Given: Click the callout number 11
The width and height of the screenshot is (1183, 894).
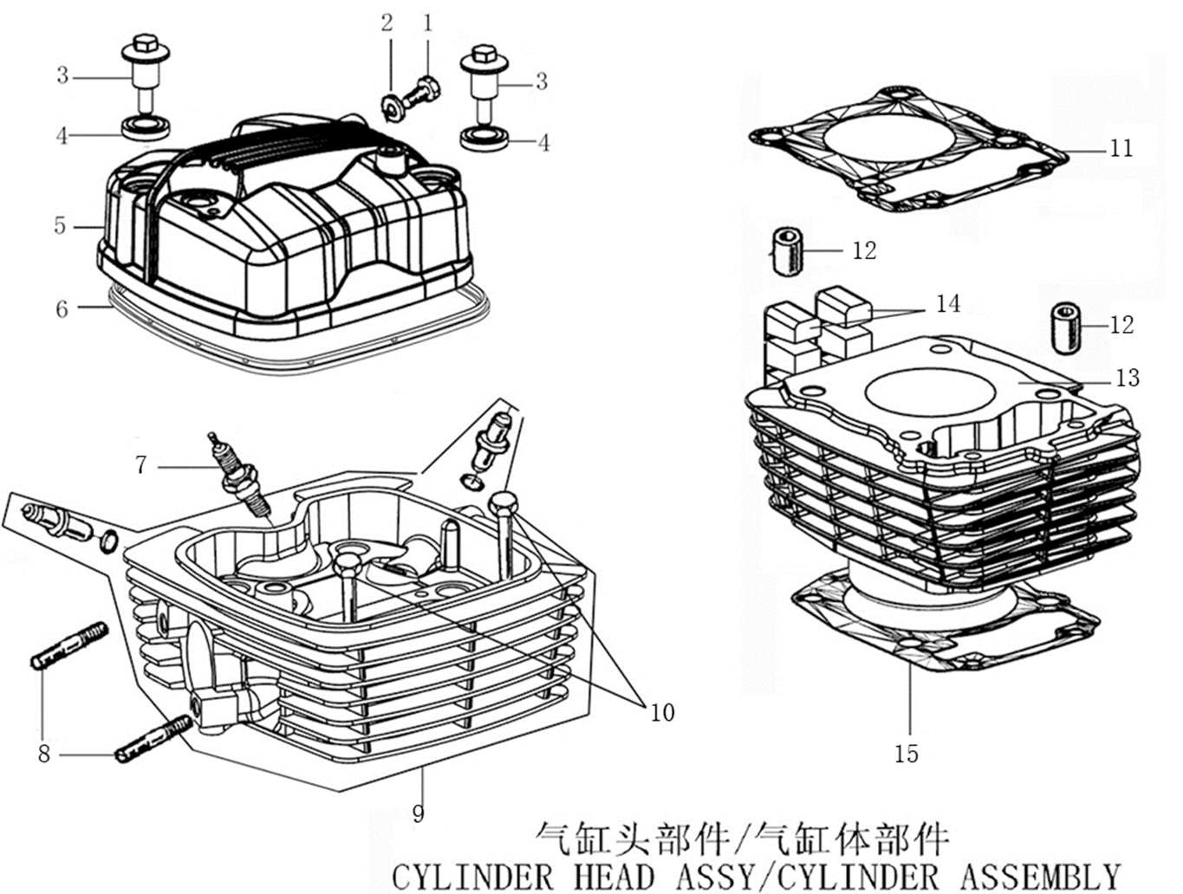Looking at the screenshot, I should click(x=1121, y=148).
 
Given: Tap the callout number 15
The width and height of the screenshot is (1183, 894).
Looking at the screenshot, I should click(x=906, y=754).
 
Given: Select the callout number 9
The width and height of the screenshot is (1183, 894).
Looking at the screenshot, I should click(x=419, y=813).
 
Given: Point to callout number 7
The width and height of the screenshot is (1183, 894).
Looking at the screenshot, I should click(x=141, y=465).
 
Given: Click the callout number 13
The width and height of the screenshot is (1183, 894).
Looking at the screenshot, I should click(x=1127, y=378).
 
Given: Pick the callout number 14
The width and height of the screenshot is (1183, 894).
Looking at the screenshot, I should click(x=948, y=303).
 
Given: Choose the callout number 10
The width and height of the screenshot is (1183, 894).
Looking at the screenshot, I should click(x=662, y=712).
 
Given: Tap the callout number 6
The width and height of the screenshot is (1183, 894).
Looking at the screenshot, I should click(x=62, y=309).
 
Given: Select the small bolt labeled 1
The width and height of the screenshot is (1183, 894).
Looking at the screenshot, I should click(x=427, y=87).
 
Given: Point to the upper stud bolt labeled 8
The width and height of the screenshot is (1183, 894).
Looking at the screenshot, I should click(x=70, y=646).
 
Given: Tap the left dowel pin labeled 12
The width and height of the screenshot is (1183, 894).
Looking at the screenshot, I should click(x=787, y=251).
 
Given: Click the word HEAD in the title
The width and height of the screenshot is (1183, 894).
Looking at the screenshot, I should click(x=614, y=875).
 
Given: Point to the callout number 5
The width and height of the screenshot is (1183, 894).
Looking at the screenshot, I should click(x=60, y=226).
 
